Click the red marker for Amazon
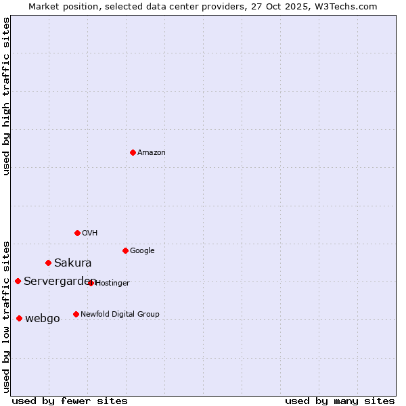pyautogui.click(x=133, y=152)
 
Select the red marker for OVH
pyautogui.click(x=77, y=233)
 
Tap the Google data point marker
pyautogui.click(x=125, y=250)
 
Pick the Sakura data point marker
pyautogui.click(x=48, y=263)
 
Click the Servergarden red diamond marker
pyautogui.click(x=18, y=281)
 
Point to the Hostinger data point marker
pyautogui.click(x=91, y=283)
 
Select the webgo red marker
pyautogui.click(x=19, y=318)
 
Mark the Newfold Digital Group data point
pyautogui.click(x=76, y=314)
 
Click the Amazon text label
pyautogui.click(x=152, y=153)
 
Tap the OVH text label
pyautogui.click(x=90, y=233)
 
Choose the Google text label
pyautogui.click(x=142, y=251)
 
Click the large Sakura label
pyautogui.click(x=73, y=263)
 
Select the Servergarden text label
pyautogui.click(x=60, y=281)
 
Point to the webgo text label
pyautogui.click(x=43, y=319)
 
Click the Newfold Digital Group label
pyautogui.click(x=120, y=315)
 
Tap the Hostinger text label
pyautogui.click(x=112, y=284)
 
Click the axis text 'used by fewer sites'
pyautogui.click(x=70, y=401)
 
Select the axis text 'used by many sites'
pyautogui.click(x=340, y=401)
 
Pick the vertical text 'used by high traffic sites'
pyautogui.click(x=6, y=96)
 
